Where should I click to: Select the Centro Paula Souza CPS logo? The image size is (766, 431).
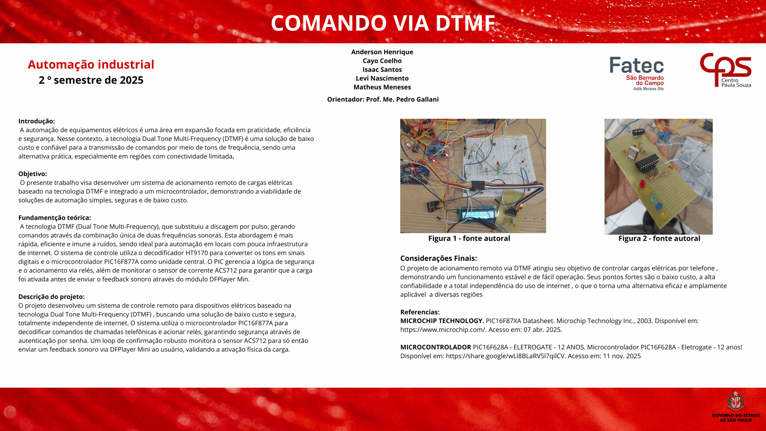725,70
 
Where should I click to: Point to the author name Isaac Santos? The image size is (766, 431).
382,70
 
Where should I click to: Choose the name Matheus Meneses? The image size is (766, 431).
382,87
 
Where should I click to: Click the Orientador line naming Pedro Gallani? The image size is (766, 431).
383,99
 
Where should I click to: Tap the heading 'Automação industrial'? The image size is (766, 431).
91,65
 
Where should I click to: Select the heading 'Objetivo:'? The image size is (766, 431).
33,174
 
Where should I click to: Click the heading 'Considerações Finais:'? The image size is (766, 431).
438,258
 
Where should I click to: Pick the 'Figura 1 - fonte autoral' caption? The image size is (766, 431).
469,239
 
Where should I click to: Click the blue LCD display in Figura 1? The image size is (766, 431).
477,214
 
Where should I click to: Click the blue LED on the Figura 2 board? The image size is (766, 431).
659,206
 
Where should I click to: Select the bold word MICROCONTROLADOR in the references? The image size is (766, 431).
435,347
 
